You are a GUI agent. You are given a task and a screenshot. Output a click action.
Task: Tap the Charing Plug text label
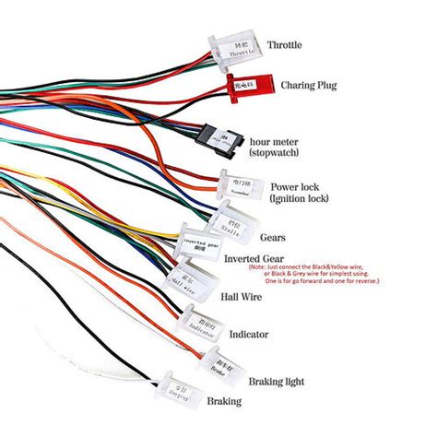click(308, 85)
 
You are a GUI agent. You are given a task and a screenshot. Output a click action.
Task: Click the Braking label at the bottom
click(224, 401)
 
